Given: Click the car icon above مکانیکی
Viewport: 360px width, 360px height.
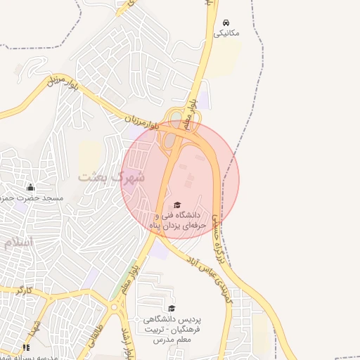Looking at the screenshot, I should (226, 22).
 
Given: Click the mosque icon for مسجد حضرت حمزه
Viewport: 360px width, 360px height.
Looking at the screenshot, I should (30, 187).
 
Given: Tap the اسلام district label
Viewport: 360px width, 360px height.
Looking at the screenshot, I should (18, 242).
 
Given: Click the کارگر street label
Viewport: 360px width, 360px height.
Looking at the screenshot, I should (25, 290).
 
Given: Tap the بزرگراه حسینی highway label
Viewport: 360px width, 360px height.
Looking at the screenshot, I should (220, 239).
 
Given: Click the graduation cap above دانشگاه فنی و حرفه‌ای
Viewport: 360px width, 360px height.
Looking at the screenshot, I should (176, 203).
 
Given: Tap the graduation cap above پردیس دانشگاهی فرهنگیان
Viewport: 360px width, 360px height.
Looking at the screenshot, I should (172, 308).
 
